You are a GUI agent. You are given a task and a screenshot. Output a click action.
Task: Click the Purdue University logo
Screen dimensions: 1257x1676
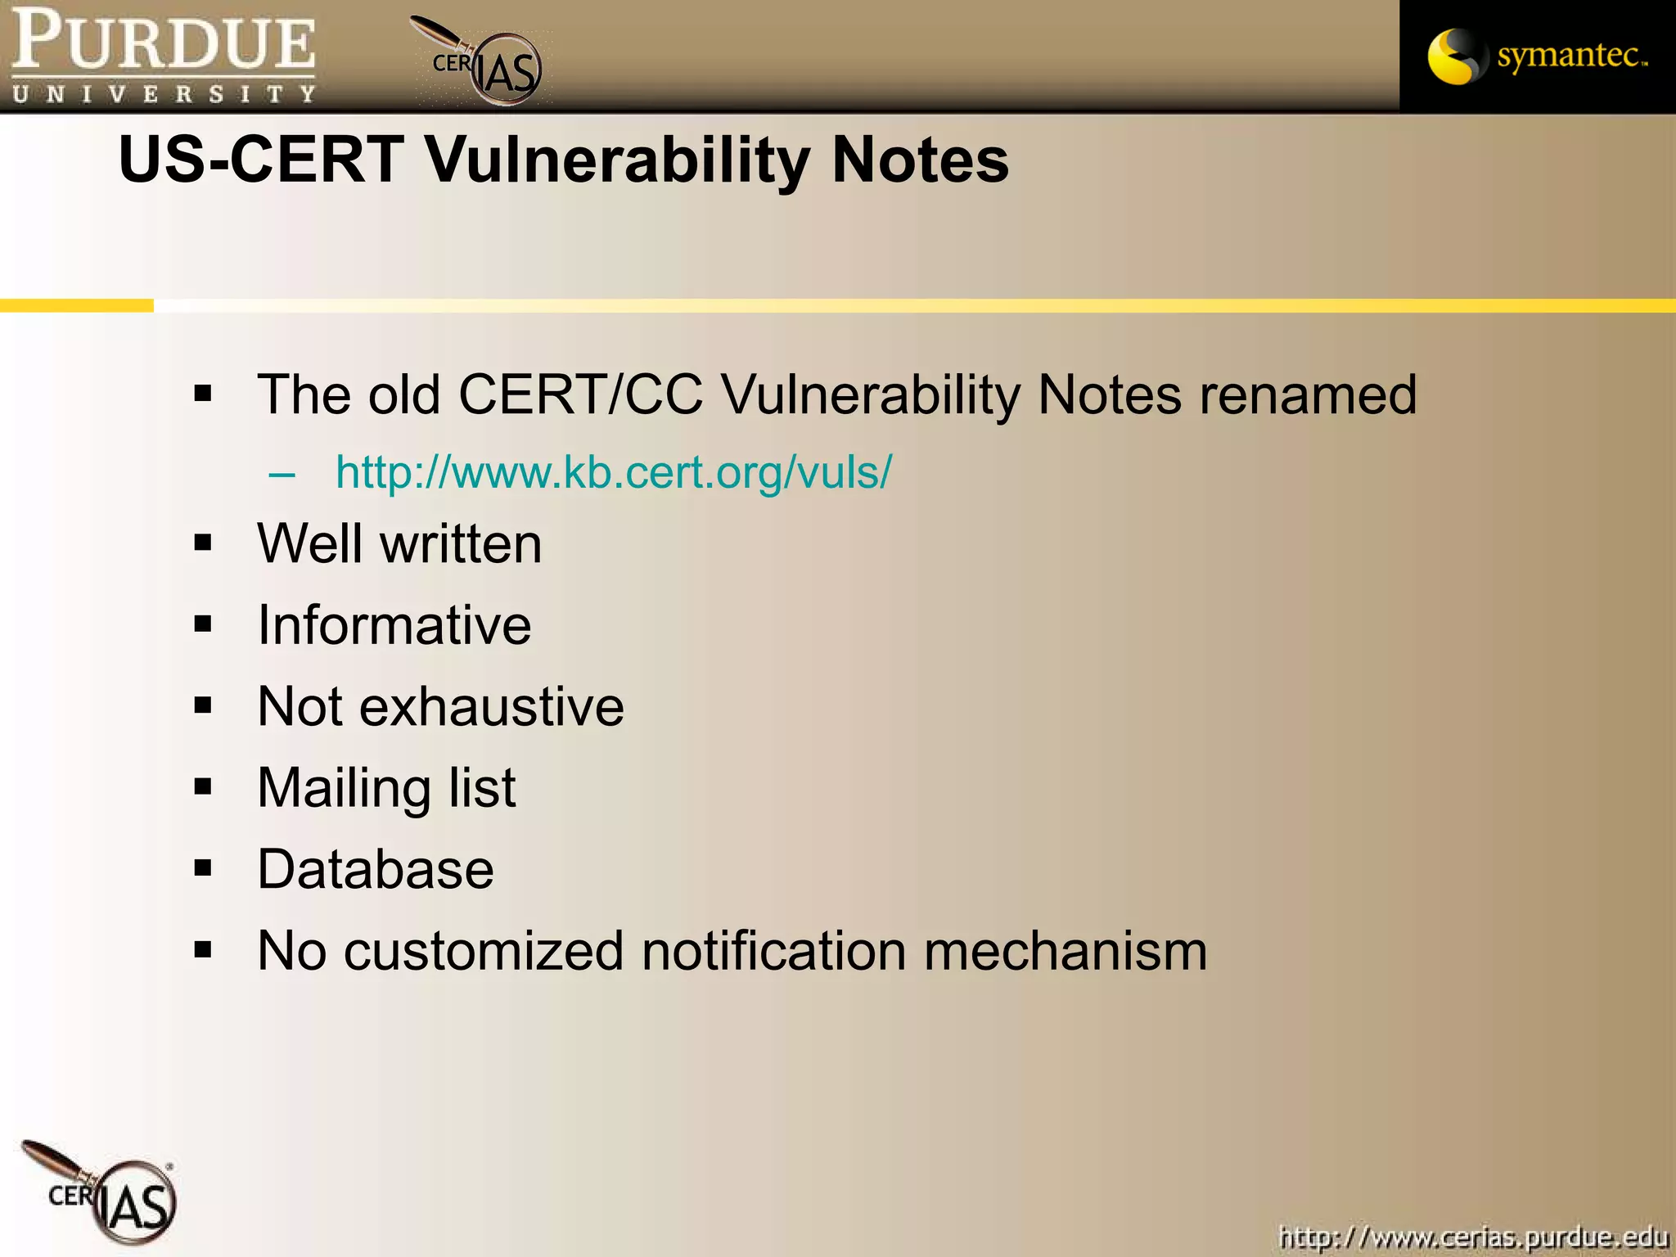click(x=164, y=56)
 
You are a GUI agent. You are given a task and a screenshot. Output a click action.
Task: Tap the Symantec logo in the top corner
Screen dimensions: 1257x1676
click(x=1537, y=56)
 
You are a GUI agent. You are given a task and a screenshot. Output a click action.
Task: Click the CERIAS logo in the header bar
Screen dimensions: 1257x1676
click(x=483, y=64)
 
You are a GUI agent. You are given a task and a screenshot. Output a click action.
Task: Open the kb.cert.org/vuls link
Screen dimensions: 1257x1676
click(x=614, y=472)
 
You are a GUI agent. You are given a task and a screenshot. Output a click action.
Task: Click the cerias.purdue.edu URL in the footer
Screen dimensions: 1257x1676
click(x=1473, y=1237)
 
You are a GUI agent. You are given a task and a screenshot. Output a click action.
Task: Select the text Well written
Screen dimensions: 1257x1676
click(x=399, y=544)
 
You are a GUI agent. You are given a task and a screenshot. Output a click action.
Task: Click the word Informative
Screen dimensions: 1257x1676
click(x=394, y=625)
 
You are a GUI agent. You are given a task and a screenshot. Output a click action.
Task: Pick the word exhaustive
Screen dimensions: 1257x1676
click(x=491, y=707)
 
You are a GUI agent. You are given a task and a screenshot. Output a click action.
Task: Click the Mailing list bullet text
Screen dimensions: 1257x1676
click(x=386, y=788)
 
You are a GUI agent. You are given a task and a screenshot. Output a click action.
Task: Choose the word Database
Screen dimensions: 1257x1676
click(x=376, y=869)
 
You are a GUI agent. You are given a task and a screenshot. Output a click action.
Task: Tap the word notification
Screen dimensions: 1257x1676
click(x=773, y=951)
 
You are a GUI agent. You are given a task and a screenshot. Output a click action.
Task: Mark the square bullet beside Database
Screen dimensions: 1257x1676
click(x=203, y=868)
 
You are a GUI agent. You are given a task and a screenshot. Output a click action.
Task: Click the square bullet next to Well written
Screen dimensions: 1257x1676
click(x=203, y=543)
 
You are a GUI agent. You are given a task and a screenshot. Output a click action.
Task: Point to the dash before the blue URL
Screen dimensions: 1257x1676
click(x=282, y=474)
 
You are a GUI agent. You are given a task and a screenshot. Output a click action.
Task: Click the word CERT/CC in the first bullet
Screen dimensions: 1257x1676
click(x=580, y=395)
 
